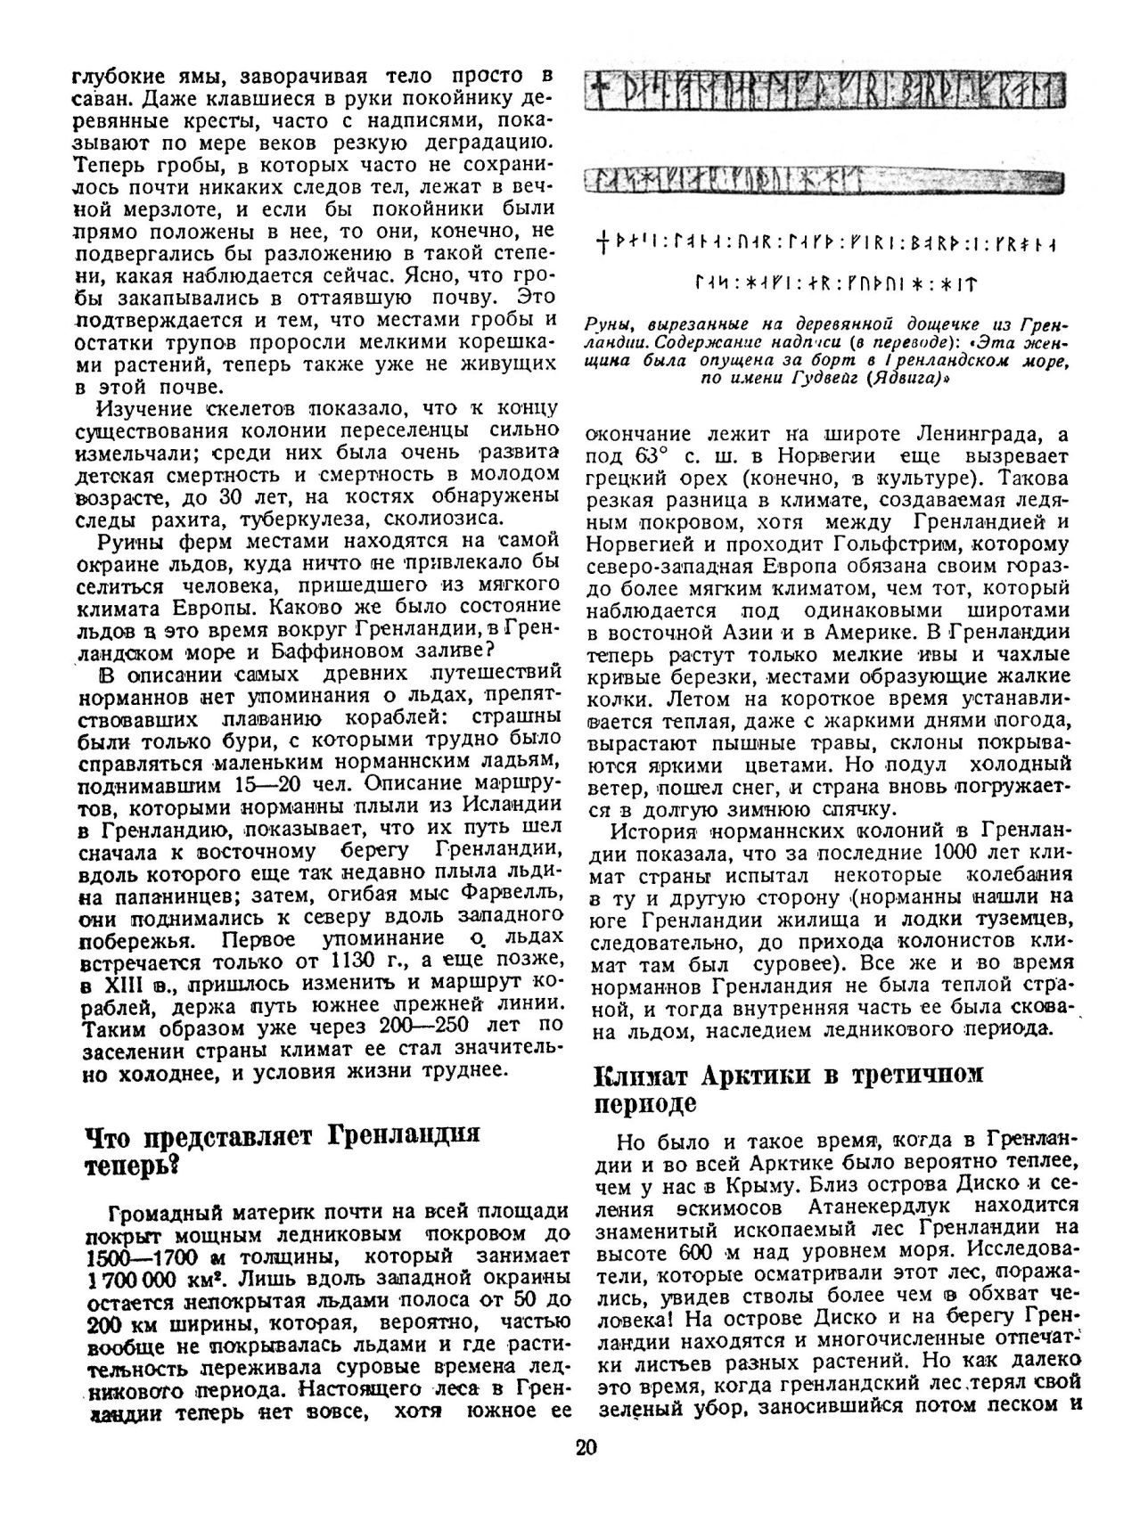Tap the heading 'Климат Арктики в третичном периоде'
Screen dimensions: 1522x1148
pos(788,1088)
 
